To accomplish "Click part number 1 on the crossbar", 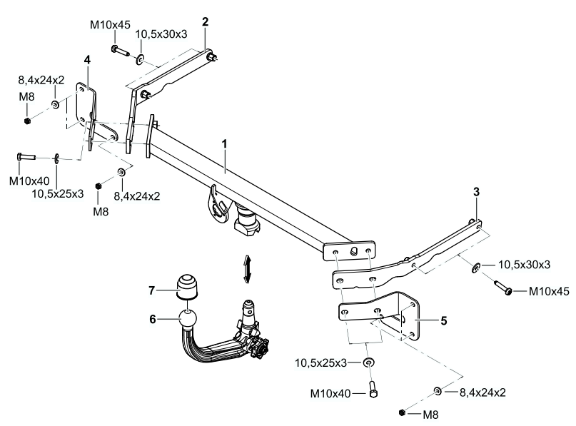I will tap(224, 143).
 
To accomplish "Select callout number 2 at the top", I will tap(205, 22).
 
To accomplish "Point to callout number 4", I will tap(87, 60).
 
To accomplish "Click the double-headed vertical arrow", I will tap(247, 268).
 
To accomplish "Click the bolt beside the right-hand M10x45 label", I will tap(500, 289).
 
